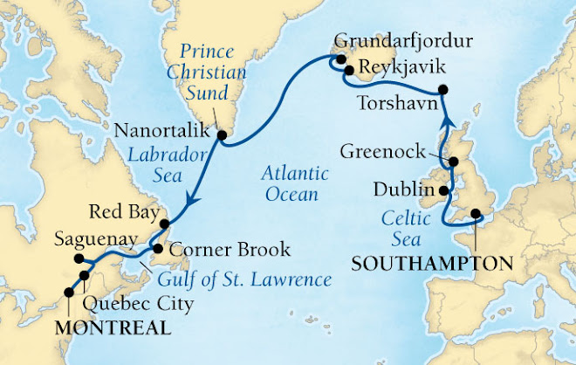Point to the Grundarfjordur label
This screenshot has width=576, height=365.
click(405, 39)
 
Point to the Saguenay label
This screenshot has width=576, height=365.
click(41, 238)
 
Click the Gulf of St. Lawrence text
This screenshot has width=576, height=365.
click(245, 280)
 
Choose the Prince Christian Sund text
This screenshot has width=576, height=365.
click(209, 68)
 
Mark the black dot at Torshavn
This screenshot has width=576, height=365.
click(444, 89)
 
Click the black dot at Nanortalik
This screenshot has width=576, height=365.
click(222, 135)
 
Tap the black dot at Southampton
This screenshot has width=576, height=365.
click(476, 213)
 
